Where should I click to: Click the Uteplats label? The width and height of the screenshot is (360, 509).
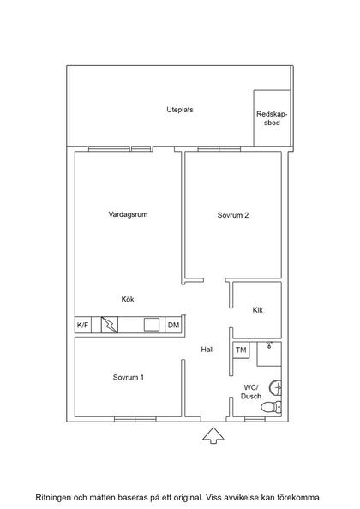click(180, 110)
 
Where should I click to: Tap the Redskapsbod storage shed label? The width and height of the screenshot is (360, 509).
click(272, 118)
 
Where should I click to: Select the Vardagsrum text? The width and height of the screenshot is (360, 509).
click(128, 214)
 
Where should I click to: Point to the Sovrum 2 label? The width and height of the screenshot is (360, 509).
click(233, 215)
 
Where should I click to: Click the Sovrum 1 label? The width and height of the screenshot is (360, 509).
click(129, 377)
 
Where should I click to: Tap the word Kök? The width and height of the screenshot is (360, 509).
click(128, 299)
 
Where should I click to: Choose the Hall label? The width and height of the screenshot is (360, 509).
click(207, 350)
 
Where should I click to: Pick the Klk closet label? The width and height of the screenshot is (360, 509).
click(258, 310)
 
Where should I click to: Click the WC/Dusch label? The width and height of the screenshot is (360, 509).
click(251, 392)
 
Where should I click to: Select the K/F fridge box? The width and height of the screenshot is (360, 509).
click(83, 325)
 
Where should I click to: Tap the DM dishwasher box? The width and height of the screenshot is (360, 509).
click(174, 325)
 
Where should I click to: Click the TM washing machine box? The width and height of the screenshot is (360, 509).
click(241, 350)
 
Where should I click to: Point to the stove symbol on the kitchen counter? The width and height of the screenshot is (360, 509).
click(110, 325)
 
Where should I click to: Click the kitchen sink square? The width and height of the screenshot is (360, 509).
click(152, 325)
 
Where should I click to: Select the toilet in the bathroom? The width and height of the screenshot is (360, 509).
click(272, 407)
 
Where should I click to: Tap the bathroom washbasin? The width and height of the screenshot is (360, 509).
click(276, 387)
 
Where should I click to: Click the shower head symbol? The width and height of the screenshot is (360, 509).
click(269, 344)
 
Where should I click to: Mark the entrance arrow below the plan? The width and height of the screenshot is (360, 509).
click(213, 435)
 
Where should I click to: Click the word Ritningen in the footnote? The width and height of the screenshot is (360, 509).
click(51, 498)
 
